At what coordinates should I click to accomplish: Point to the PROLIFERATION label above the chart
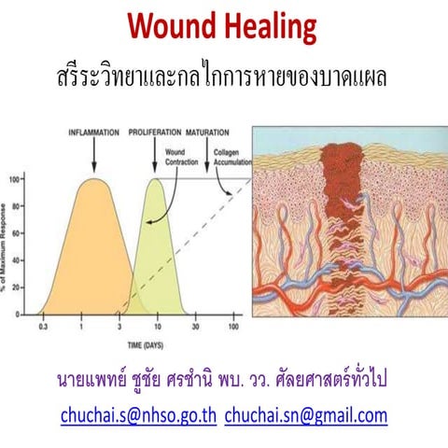(155, 132)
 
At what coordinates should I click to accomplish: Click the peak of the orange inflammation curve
(92, 178)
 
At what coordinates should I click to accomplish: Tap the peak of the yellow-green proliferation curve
(156, 178)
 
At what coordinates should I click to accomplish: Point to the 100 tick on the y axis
(14, 178)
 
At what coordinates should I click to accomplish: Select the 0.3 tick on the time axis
(43, 328)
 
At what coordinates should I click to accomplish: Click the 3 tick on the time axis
(119, 328)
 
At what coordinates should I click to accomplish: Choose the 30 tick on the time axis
(196, 328)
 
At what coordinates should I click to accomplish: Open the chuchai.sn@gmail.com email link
(305, 413)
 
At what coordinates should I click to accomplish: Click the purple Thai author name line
(224, 381)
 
